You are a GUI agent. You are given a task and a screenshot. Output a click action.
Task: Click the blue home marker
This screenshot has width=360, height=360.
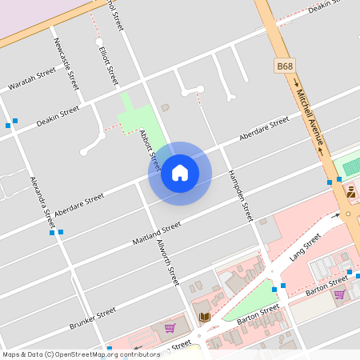tap(180, 173)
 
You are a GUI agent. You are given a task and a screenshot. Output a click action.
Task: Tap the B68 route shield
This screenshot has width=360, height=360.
tap(285, 64)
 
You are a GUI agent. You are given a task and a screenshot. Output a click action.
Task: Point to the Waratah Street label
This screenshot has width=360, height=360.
tap(32, 78)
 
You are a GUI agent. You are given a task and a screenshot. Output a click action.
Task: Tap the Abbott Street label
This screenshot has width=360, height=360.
tap(150, 150)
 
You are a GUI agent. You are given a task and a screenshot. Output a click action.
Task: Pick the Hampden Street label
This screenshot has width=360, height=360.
tap(239, 195)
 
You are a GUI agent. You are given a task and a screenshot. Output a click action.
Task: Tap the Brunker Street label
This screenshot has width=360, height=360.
tap(93, 316)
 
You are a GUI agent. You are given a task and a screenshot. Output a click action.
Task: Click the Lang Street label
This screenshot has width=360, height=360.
tap(305, 248)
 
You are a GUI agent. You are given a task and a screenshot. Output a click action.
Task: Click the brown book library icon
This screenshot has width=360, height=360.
tap(204, 318)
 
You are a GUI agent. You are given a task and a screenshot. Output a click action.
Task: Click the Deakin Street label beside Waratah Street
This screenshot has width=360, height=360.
tap(58, 114)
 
